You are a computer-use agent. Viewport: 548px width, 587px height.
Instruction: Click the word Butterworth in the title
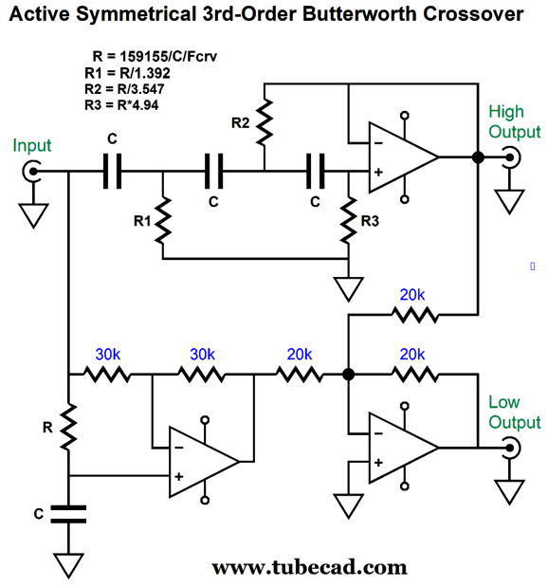[x=360, y=14]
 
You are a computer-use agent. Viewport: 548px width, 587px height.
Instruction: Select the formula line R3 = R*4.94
[x=121, y=105]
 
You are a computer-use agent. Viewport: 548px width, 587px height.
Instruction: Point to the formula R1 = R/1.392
[x=127, y=73]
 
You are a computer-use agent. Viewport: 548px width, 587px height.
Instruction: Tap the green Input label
[x=32, y=146]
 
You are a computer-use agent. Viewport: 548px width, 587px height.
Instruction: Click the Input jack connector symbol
[x=31, y=172]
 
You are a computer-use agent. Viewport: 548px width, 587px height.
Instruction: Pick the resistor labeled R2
[x=265, y=122]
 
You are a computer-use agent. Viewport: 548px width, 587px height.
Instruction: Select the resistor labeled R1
[x=163, y=221]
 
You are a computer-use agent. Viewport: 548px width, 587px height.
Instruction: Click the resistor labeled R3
[x=349, y=221]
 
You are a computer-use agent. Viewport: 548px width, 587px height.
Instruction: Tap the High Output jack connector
[x=511, y=157]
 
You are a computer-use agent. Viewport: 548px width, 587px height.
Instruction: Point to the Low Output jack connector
[x=511, y=448]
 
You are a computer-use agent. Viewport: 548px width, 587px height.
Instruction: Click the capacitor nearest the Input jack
[x=112, y=172]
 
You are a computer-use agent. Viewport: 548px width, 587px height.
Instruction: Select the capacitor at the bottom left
[x=68, y=514]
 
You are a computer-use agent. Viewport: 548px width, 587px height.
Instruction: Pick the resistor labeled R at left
[x=68, y=427]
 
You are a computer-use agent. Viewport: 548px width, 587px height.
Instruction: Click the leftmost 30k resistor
[x=107, y=374]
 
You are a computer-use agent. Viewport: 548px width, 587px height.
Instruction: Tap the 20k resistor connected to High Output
[x=414, y=315]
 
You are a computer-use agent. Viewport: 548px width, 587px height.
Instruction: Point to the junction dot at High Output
[x=478, y=157]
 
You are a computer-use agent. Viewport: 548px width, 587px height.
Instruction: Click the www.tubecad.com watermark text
[x=309, y=567]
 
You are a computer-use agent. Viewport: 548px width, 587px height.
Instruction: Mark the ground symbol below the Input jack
[x=33, y=215]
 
